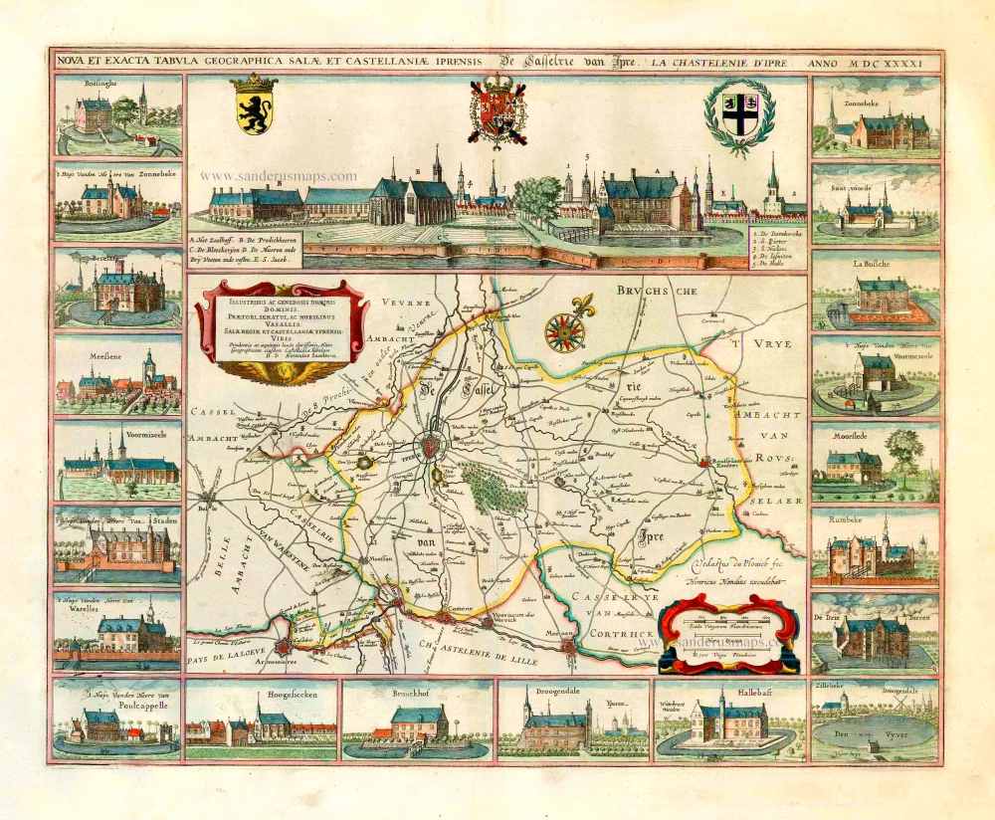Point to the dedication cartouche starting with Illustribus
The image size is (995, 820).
(282, 329)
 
